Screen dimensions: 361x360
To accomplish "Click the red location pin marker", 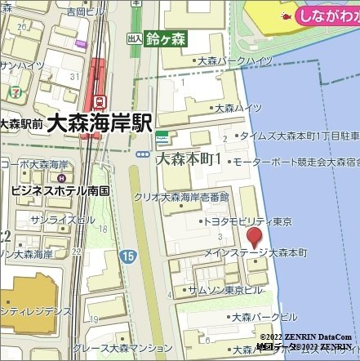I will tap(255, 238).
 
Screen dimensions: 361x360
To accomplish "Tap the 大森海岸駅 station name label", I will tap(100, 123).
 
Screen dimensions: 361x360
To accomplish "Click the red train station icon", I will tap(100, 102).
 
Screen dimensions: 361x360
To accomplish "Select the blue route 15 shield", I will tap(127, 256).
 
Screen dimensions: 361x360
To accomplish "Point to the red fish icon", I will tap(287, 15).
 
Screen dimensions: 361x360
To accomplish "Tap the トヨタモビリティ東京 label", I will tap(247, 221).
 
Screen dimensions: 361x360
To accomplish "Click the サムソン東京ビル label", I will tap(224, 290).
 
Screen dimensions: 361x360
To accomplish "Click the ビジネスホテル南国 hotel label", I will tap(60, 190).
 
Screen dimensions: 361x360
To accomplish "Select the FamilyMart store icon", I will tap(163, 134).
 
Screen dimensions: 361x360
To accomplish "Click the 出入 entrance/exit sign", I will tap(135, 38).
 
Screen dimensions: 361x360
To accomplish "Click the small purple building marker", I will tap(80, 44).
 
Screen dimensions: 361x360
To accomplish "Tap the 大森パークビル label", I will tap(264, 317).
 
